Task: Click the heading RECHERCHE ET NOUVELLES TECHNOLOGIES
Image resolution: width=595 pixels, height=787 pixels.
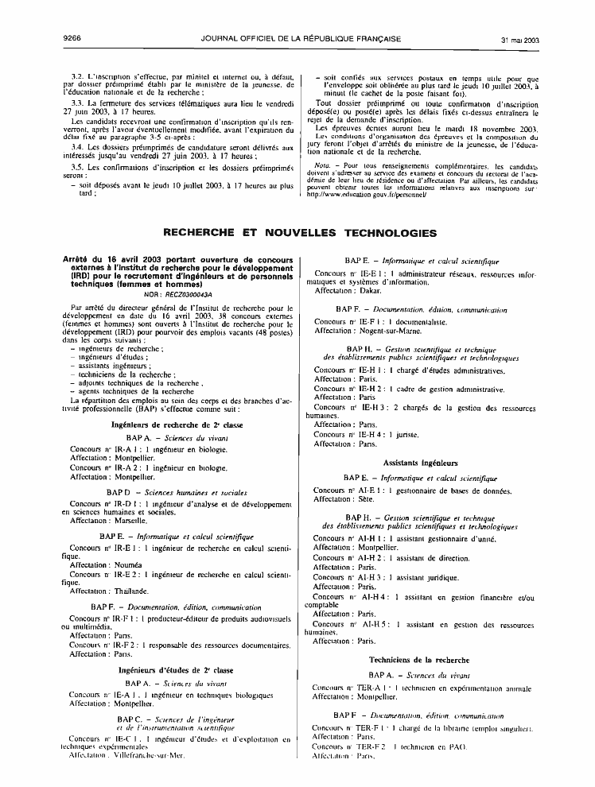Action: click(300, 233)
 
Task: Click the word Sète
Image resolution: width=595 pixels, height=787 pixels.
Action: click(367, 498)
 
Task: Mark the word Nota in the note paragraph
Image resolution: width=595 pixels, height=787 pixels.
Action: click(325, 165)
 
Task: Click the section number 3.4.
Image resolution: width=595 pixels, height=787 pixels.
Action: click(77, 147)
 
